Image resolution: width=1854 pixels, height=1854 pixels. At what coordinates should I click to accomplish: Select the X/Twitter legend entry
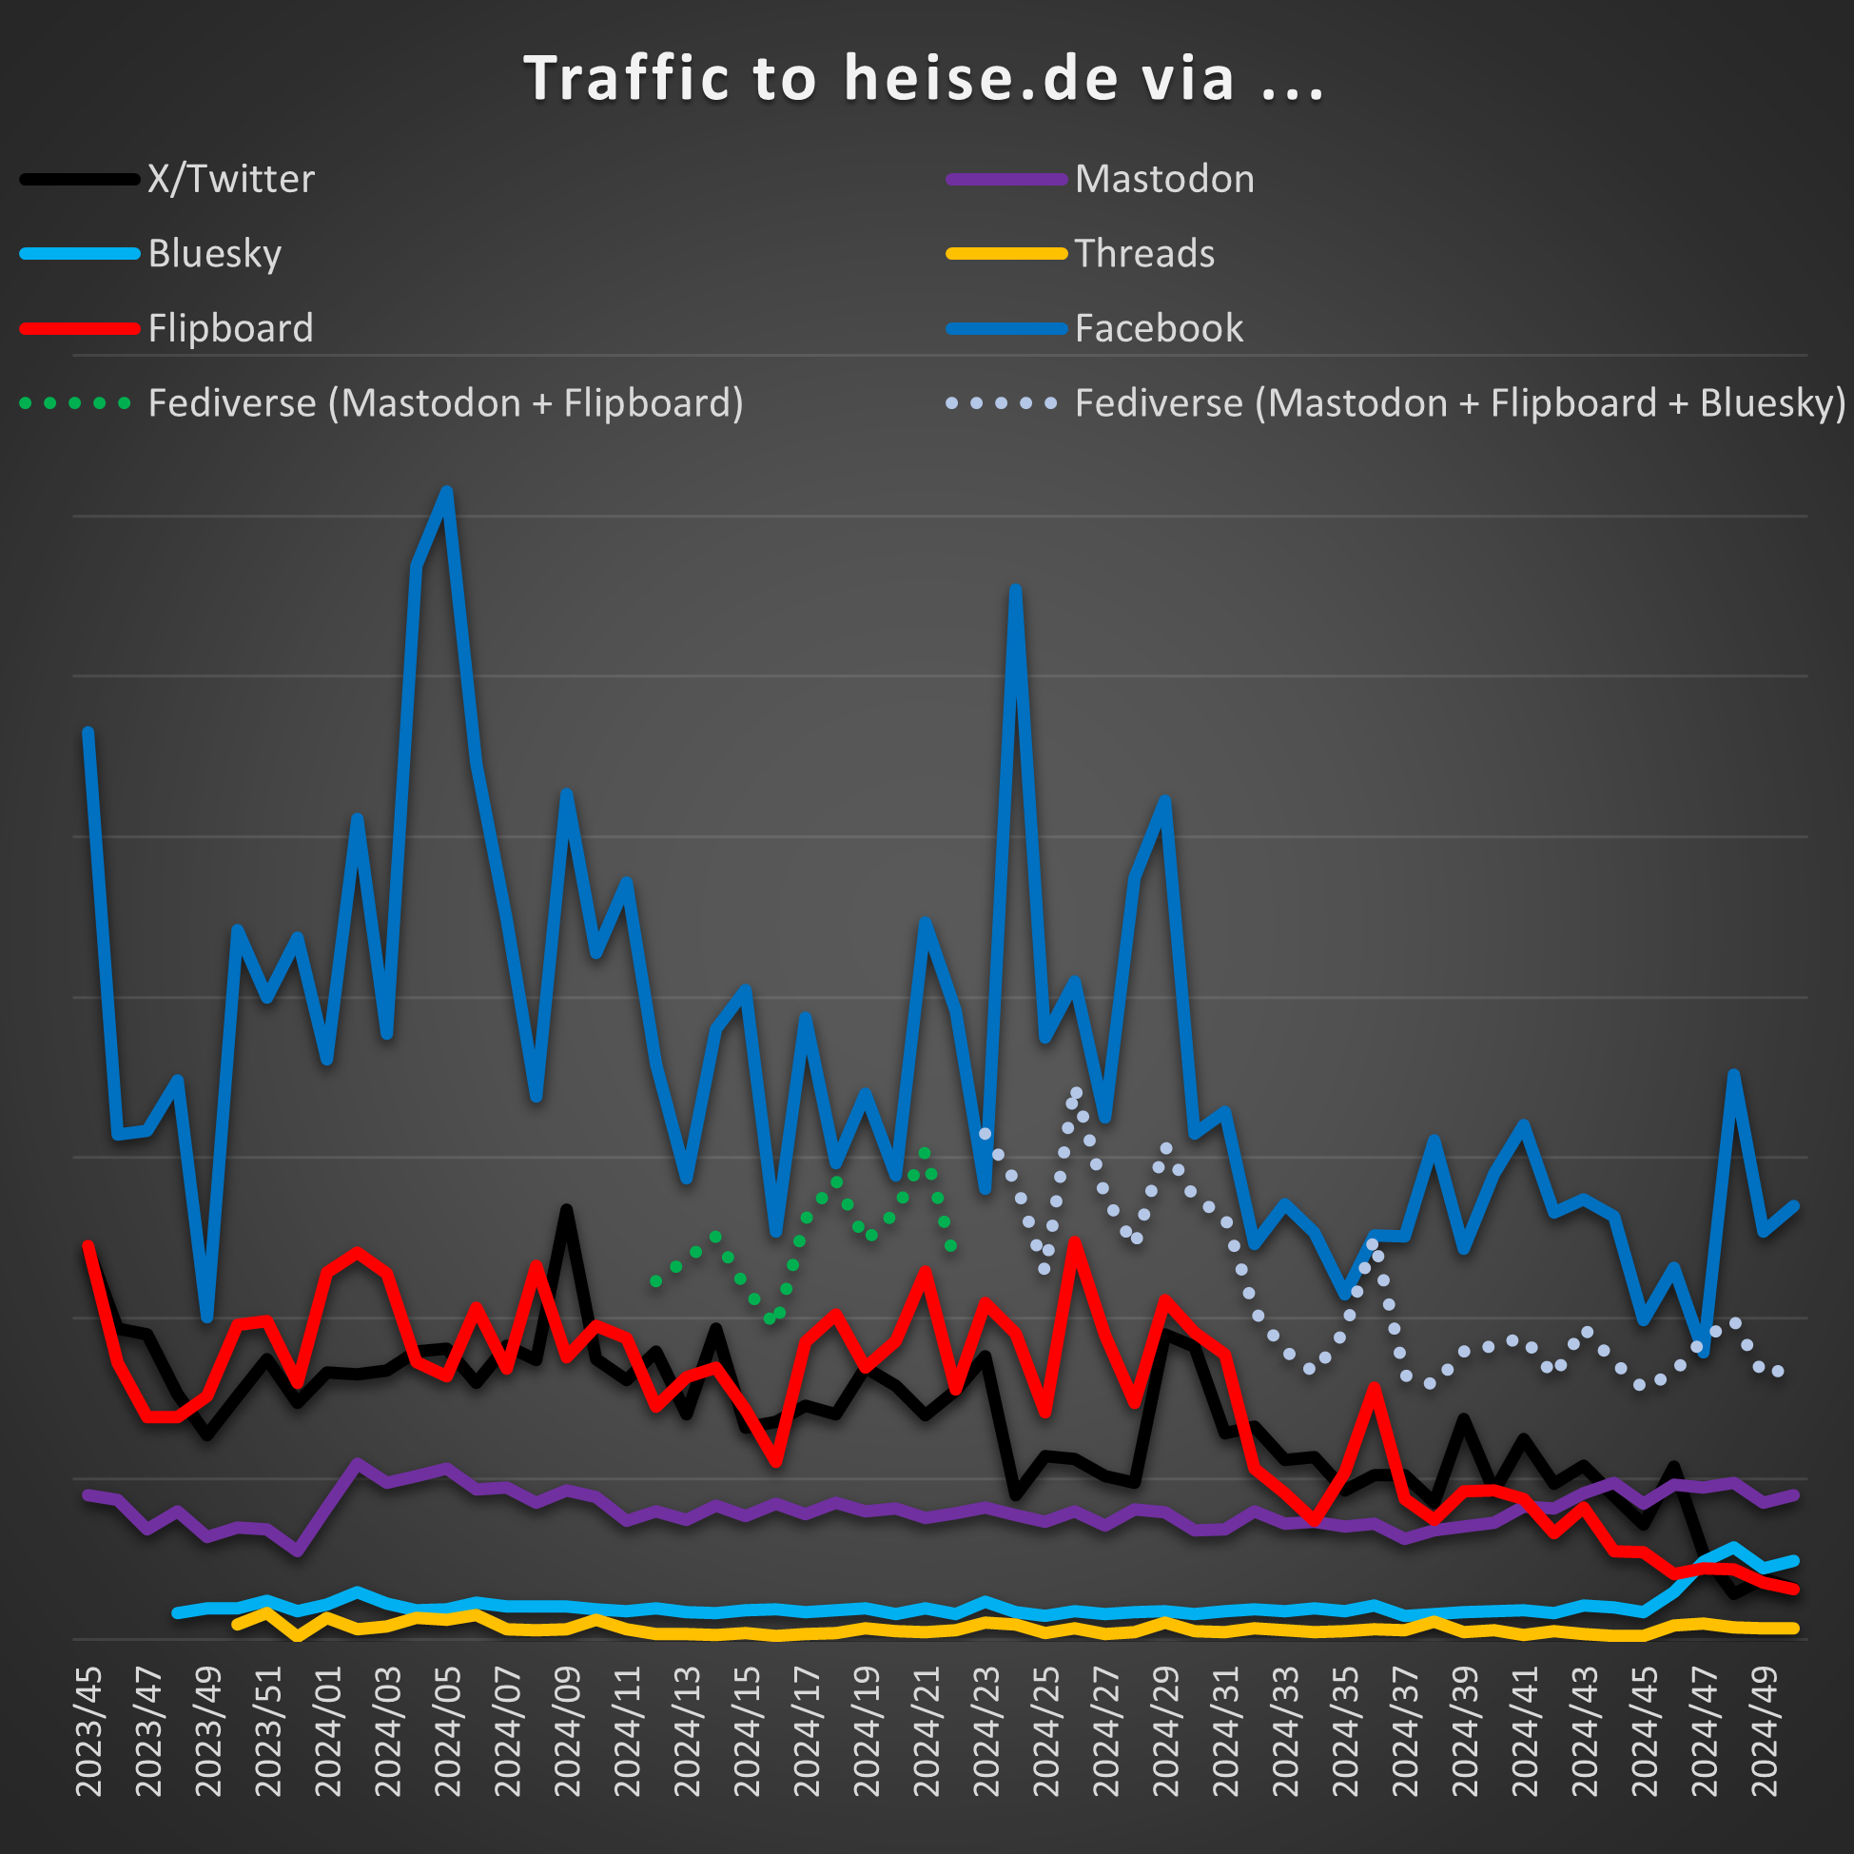click(x=230, y=180)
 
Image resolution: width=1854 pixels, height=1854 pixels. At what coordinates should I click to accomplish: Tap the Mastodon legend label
click(x=1164, y=180)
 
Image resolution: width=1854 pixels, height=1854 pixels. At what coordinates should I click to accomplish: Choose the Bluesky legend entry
click(x=214, y=253)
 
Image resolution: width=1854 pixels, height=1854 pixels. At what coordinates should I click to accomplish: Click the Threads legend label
click(x=1143, y=253)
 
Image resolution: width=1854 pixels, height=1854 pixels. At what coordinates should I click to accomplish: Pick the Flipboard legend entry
click(x=230, y=328)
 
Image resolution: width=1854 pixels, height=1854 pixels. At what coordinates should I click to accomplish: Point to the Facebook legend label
click(x=1159, y=328)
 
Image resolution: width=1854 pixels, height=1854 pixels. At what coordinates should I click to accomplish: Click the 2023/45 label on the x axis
click(x=88, y=1731)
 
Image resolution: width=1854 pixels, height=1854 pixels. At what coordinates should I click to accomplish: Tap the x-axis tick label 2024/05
click(x=447, y=1731)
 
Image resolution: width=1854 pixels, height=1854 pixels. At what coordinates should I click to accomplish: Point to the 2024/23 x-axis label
click(x=986, y=1731)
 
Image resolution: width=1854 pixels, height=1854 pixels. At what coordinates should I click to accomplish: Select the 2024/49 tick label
click(x=1764, y=1731)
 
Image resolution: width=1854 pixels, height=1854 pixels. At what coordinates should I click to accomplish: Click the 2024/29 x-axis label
click(x=1165, y=1731)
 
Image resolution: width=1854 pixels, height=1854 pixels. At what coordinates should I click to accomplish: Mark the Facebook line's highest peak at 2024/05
click(x=447, y=492)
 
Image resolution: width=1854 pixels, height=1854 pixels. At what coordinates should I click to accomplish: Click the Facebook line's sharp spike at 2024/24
click(x=1015, y=589)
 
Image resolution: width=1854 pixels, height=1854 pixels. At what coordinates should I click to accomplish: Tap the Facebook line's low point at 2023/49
click(x=207, y=1317)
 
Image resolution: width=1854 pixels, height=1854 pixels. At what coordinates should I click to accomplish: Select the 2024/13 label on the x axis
click(x=687, y=1731)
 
